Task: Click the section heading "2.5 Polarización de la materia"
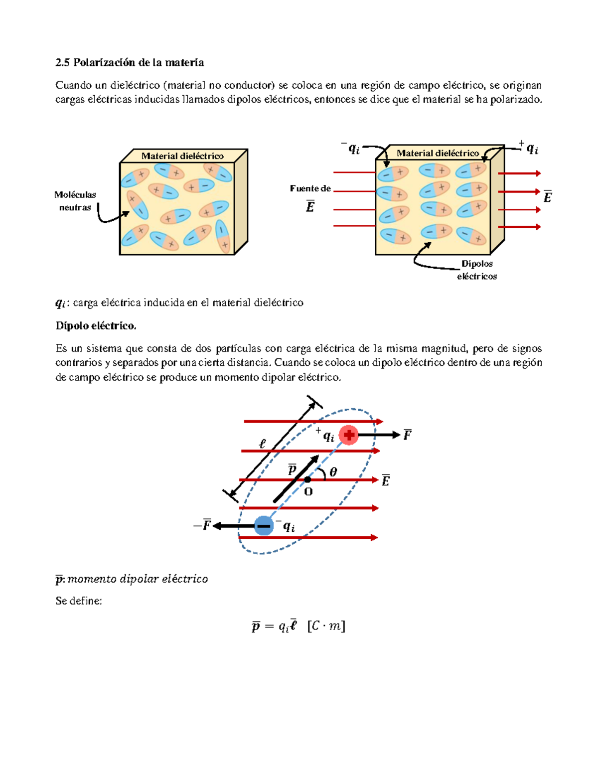pyautogui.click(x=130, y=62)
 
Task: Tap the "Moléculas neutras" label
pyautogui.click(x=75, y=201)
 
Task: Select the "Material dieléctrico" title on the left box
pyautogui.click(x=182, y=156)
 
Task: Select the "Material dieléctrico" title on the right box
pyautogui.click(x=438, y=153)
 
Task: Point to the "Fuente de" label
pyautogui.click(x=310, y=188)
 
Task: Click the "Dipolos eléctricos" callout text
pyautogui.click(x=477, y=270)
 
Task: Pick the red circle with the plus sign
pyautogui.click(x=349, y=435)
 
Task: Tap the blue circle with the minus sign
pyautogui.click(x=264, y=526)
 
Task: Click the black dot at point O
pyautogui.click(x=307, y=479)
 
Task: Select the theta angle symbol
pyautogui.click(x=333, y=471)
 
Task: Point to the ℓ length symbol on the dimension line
pyautogui.click(x=263, y=443)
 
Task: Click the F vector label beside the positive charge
pyautogui.click(x=407, y=435)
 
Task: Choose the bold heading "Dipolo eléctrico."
pyautogui.click(x=96, y=326)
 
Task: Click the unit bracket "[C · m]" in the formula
pyautogui.click(x=326, y=625)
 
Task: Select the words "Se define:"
pyautogui.click(x=78, y=601)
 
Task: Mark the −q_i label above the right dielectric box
pyautogui.click(x=351, y=148)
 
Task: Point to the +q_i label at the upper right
pyautogui.click(x=529, y=148)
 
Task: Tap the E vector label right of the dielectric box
pyautogui.click(x=547, y=197)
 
